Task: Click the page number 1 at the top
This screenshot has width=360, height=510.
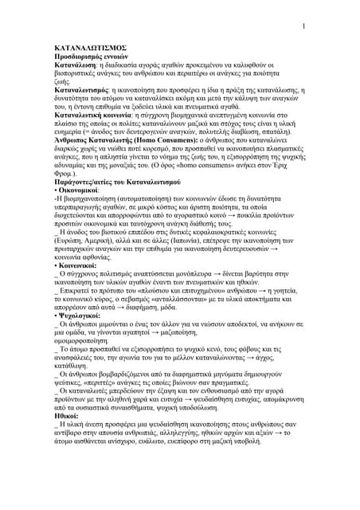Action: click(304, 28)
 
